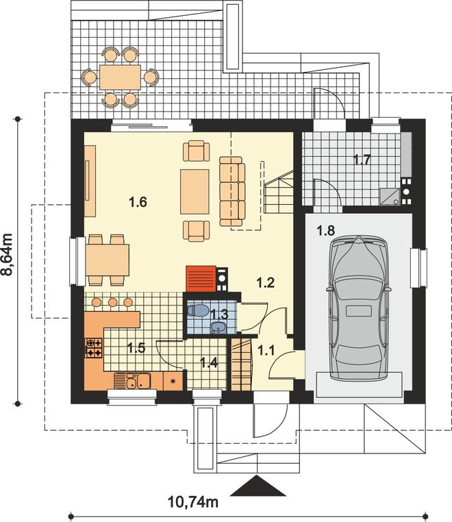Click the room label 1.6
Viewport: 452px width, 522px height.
138,202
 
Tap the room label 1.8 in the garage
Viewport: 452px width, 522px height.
326,230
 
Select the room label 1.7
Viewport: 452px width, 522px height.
362,160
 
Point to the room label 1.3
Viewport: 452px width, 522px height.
220,314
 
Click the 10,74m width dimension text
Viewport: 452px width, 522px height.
193,501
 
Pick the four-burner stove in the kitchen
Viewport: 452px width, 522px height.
95,348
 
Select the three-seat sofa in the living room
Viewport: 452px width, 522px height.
232,191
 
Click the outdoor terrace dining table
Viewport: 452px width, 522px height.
120,77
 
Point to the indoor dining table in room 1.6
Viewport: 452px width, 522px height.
107,260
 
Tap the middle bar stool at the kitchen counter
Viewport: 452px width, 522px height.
113,302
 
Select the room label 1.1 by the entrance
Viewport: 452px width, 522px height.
266,350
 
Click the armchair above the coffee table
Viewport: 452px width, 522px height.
197,151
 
